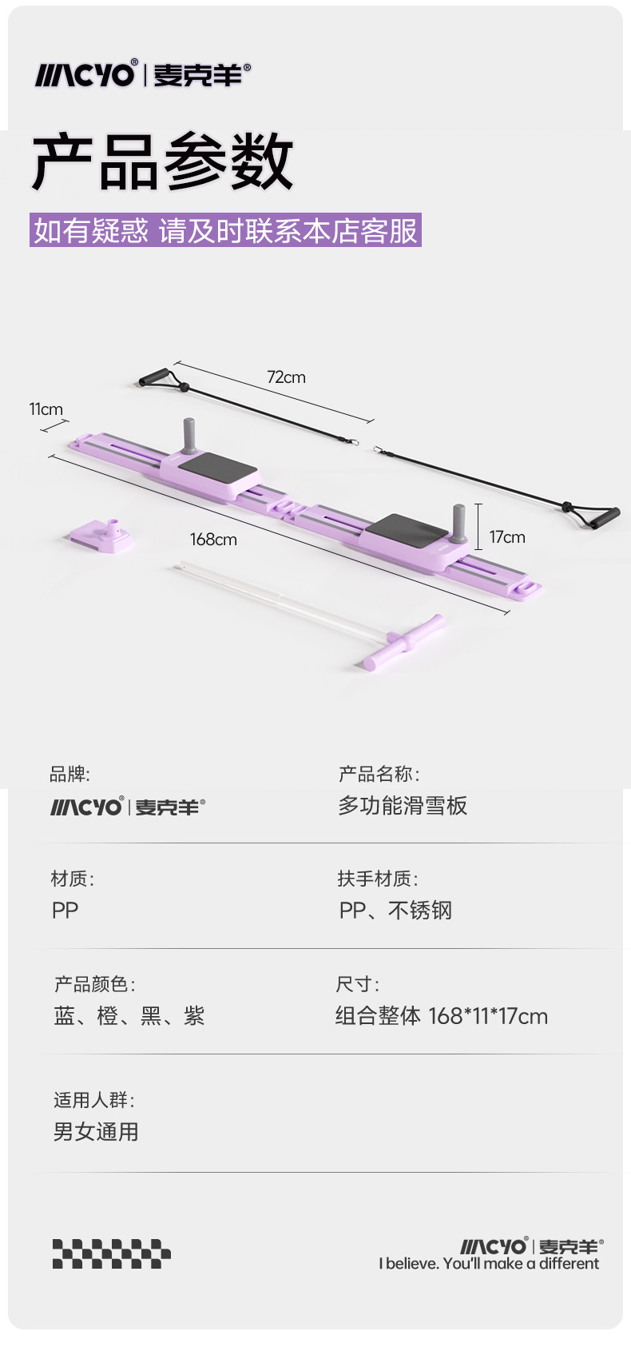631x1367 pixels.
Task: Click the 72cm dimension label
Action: pos(286,377)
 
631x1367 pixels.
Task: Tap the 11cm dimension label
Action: pos(46,409)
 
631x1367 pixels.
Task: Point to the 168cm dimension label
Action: pos(213,540)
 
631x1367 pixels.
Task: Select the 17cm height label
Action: pos(507,537)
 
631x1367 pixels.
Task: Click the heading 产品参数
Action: pos(163,162)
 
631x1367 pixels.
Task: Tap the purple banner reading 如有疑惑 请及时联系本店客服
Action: pos(225,230)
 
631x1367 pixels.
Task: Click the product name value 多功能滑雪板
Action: pos(403,806)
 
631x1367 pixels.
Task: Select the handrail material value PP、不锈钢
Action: pos(395,911)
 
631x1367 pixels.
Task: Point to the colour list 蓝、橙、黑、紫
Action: pos(129,1016)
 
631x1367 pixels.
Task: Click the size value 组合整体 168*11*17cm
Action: pos(442,1016)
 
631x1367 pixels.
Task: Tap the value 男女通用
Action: pos(96,1132)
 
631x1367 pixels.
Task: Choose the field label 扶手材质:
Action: pos(378,879)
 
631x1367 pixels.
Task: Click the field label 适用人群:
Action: pos(93,1100)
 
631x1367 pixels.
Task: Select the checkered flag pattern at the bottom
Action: pos(112,1253)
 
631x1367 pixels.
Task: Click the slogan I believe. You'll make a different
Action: pos(489,1264)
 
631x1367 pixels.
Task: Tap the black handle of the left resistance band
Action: pos(154,377)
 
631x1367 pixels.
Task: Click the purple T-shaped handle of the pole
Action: pos(404,640)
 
